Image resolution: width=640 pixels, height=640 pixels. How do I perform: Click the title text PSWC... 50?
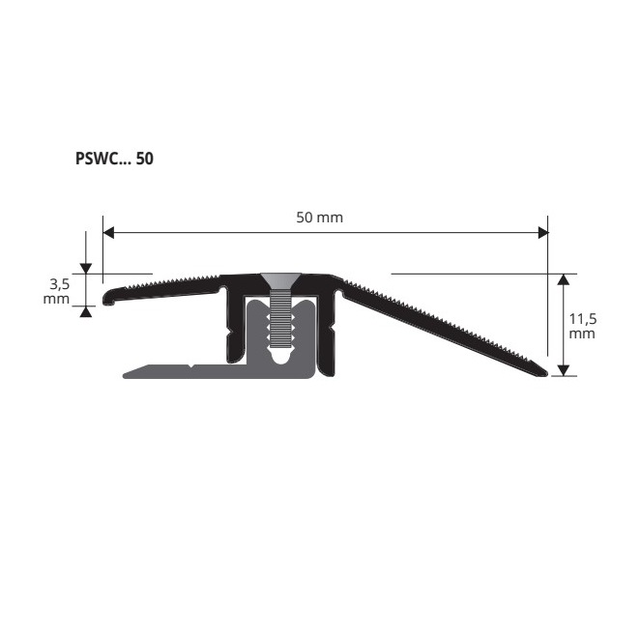point(114,159)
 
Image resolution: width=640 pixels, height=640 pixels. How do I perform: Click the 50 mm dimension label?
point(320,218)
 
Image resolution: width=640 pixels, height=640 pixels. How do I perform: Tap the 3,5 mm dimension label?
point(57,291)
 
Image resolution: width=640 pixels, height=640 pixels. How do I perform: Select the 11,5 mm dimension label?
point(582,326)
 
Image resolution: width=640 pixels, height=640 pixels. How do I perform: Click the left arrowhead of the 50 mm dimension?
point(108,233)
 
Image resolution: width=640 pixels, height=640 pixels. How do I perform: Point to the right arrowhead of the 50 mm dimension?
point(543,233)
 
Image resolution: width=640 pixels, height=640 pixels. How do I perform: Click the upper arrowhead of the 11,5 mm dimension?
point(564,279)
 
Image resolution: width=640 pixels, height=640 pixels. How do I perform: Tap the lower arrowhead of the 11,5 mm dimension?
point(564,370)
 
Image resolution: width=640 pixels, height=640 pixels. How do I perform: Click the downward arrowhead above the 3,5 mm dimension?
point(86,269)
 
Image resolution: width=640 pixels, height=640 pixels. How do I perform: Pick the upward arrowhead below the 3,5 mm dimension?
point(86,312)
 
